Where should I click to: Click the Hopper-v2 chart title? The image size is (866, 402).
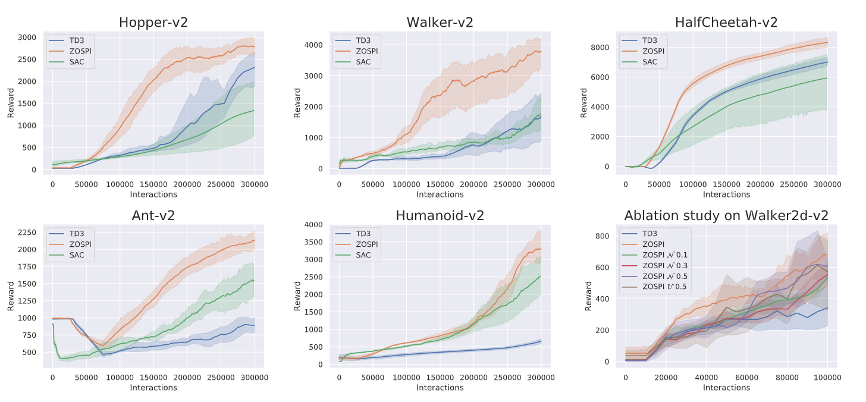tap(153, 23)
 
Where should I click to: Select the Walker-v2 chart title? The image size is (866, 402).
tap(440, 23)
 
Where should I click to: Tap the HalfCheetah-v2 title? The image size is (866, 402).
tap(726, 23)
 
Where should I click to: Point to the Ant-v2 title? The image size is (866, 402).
tap(153, 215)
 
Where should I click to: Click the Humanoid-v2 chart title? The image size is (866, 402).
tap(440, 215)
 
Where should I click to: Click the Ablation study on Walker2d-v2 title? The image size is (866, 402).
tap(726, 215)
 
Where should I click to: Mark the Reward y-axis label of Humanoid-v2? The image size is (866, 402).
tap(297, 295)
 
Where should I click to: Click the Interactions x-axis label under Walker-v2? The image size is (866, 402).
tap(440, 194)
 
